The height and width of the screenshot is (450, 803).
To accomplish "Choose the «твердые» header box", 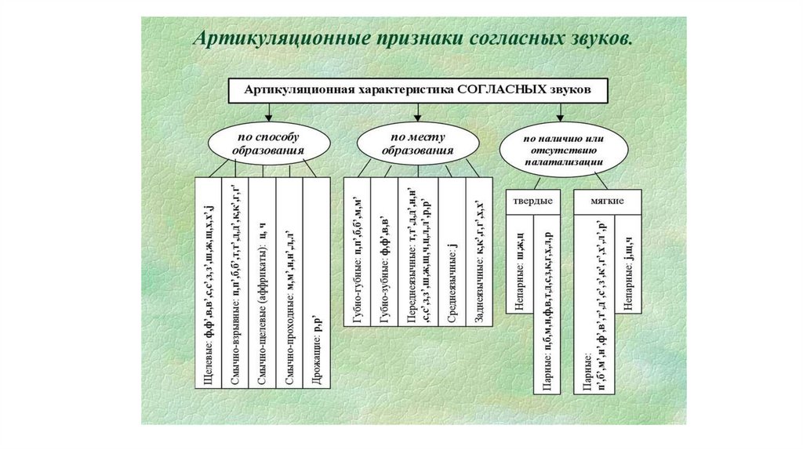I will pos(532,201).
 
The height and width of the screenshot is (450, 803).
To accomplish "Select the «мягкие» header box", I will pos(608,201).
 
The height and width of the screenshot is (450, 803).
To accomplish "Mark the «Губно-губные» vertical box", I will pos(357,263).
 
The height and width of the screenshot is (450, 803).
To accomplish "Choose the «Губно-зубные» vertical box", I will pos(384,263).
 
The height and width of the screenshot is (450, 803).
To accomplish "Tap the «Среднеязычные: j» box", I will pos(452,263).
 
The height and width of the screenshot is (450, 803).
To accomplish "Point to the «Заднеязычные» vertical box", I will pos(479,263).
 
